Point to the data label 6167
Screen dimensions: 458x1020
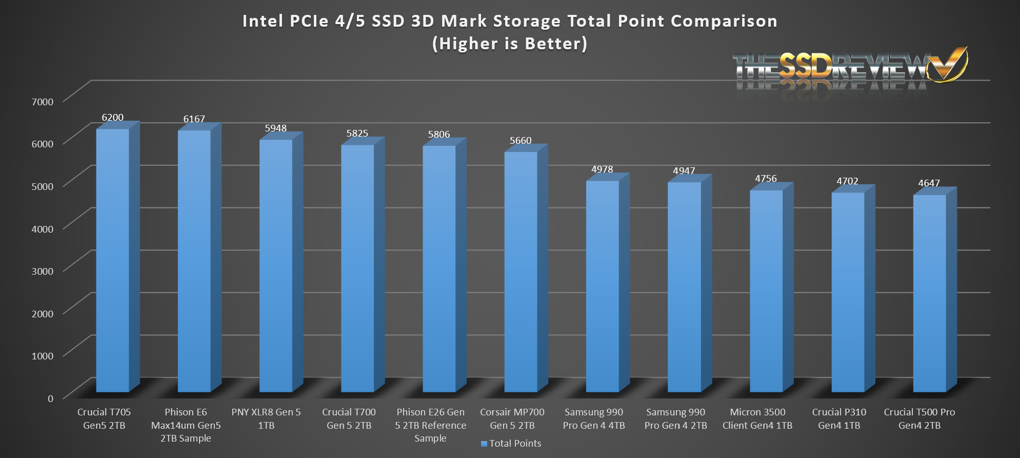coord(194,119)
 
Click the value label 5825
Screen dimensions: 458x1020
coord(357,133)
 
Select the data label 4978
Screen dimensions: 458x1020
coord(602,169)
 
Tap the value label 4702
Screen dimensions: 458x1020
coord(847,181)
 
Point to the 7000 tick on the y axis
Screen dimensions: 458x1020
coord(43,102)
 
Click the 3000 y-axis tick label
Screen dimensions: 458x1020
coord(43,271)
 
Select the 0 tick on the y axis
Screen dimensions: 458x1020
coord(50,398)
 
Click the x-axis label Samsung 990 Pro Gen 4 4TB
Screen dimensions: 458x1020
coord(594,419)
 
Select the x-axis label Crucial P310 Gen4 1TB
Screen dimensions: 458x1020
coord(839,419)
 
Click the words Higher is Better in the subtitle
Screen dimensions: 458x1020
coord(510,44)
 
